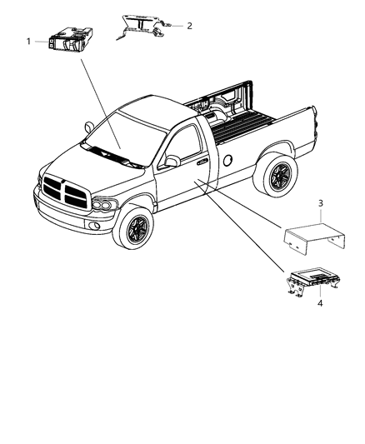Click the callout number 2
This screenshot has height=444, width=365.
(x=189, y=26)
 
